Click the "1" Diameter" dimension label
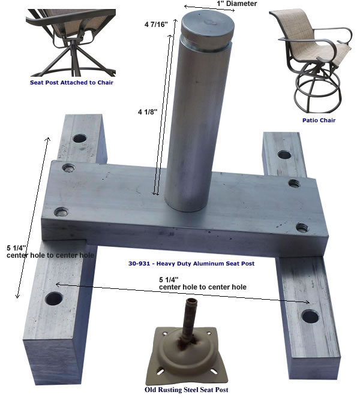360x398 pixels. tap(236, 4)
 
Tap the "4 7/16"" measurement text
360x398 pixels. tap(156, 25)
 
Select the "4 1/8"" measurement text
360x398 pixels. tap(148, 111)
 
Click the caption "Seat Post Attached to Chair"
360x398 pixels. tap(71, 83)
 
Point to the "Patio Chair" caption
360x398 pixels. tap(319, 120)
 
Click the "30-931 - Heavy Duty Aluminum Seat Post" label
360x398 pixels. tap(191, 264)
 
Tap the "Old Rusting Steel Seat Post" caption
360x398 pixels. tap(186, 390)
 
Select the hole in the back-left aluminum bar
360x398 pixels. tap(80, 138)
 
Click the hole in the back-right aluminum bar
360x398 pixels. tap(284, 155)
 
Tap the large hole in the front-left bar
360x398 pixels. tap(54, 298)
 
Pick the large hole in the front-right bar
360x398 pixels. tap(310, 316)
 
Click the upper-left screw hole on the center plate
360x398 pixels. tap(68, 168)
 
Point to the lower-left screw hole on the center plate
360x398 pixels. tap(61, 212)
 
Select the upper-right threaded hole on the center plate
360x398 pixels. tap(294, 183)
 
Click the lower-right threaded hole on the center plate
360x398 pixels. tap(302, 227)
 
